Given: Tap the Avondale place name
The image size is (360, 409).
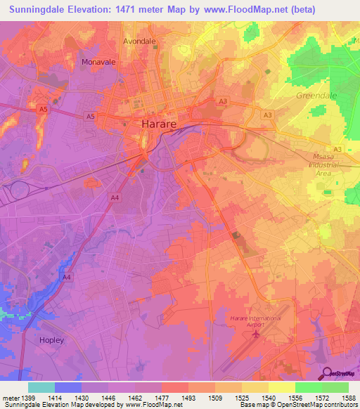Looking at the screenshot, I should pyautogui.click(x=139, y=41).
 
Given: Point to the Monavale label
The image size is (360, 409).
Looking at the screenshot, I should pyautogui.click(x=98, y=62).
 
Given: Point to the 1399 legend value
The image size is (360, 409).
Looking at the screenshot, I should pyautogui.click(x=29, y=398).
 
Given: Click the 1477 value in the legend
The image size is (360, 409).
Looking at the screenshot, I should pyautogui.click(x=162, y=398).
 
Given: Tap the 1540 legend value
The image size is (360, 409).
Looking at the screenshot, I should pyautogui.click(x=268, y=398).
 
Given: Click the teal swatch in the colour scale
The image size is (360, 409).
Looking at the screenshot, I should pyautogui.click(x=41, y=387).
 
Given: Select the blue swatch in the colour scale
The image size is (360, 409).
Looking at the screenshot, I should pyautogui.click(x=68, y=387).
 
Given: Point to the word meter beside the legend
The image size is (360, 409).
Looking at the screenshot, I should pyautogui.click(x=11, y=398).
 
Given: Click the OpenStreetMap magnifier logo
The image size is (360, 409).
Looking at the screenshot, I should pyautogui.click(x=327, y=373).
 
